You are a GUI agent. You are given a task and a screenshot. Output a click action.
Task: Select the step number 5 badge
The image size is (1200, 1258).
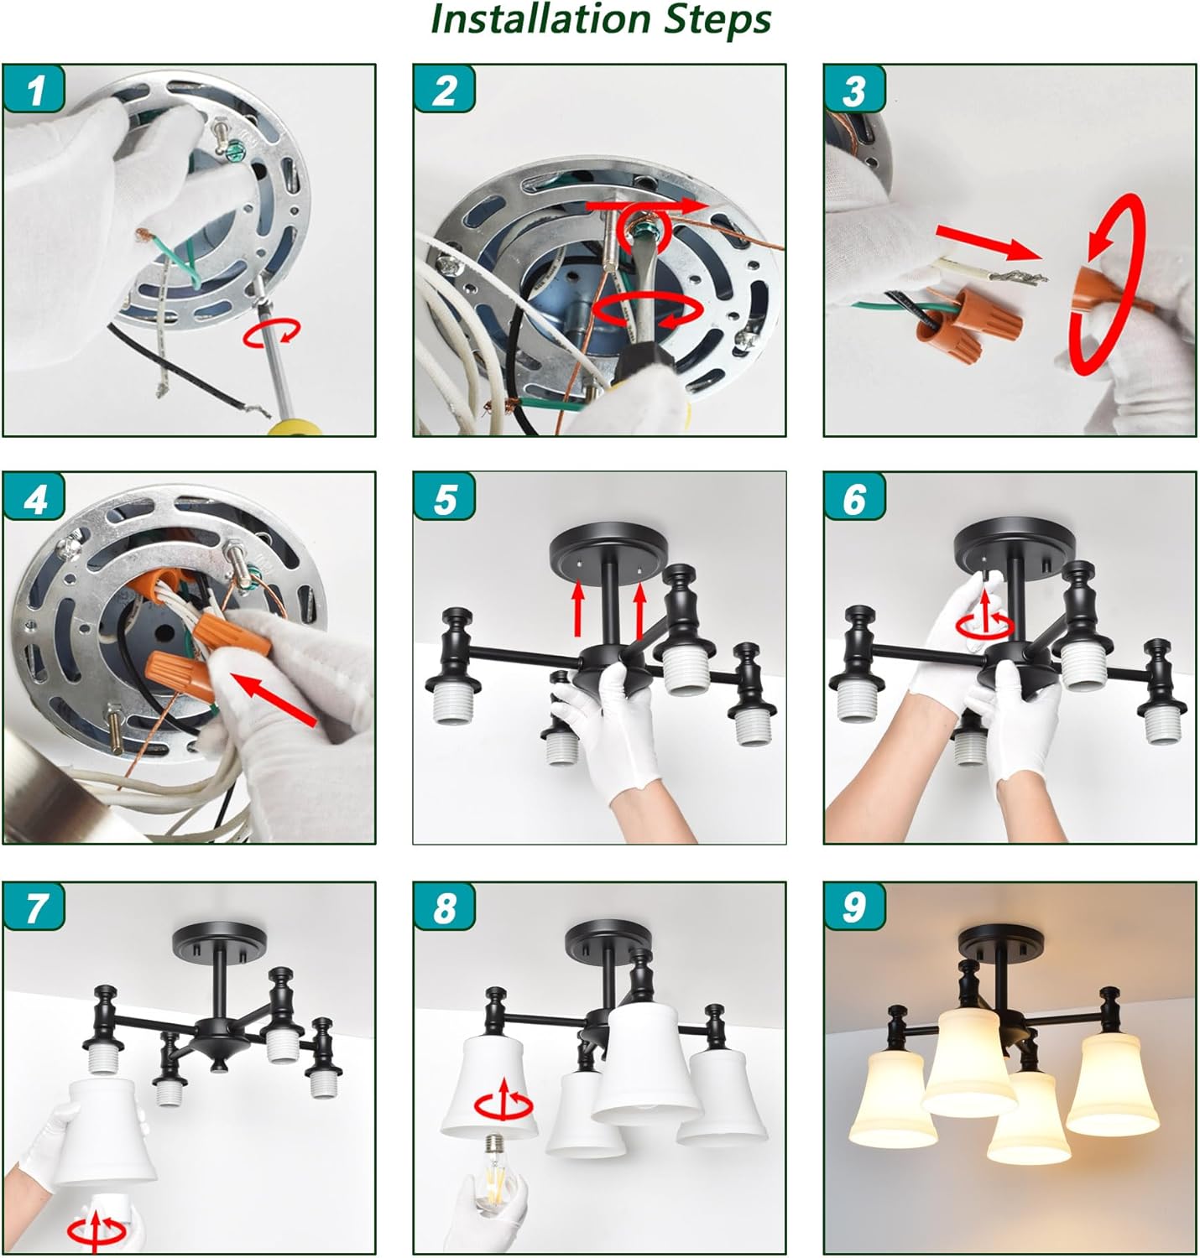(x=445, y=497)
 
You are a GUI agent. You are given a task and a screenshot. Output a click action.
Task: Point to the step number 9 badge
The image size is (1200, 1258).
(x=855, y=907)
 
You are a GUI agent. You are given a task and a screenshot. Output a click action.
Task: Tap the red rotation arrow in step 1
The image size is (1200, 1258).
(x=272, y=334)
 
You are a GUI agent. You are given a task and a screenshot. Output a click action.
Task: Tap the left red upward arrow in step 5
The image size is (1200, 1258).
(x=578, y=608)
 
